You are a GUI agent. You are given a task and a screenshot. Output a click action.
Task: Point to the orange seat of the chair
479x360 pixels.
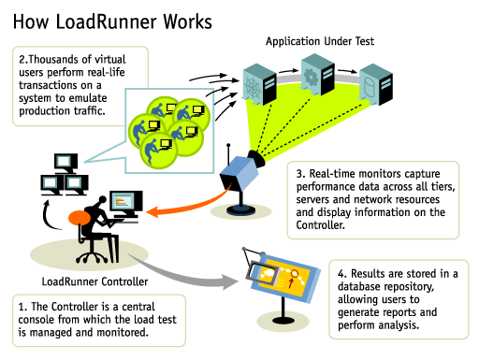point(76,220)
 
